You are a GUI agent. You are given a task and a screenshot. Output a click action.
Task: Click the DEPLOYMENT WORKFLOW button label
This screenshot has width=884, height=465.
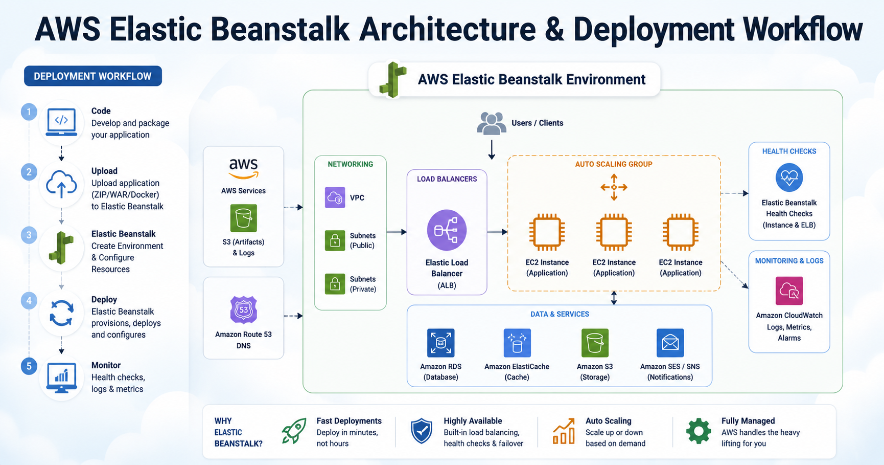pos(92,76)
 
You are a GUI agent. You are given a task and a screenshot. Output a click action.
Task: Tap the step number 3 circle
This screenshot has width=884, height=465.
pos(29,235)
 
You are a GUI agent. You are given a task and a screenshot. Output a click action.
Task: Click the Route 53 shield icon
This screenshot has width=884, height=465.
pos(243,309)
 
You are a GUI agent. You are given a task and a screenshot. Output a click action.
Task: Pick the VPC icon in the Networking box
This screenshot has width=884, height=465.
pos(335,197)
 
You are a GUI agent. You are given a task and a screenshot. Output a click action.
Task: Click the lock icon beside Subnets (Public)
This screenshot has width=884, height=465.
pos(335,240)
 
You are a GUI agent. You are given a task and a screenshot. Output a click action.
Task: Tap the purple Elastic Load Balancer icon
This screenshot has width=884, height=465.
pos(447,230)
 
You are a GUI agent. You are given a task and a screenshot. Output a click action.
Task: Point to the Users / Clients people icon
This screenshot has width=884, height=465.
pos(492,123)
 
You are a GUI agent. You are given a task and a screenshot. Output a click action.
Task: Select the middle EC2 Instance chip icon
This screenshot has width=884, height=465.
pos(614,232)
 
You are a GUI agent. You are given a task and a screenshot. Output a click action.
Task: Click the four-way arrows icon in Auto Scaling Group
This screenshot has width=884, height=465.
pos(614,187)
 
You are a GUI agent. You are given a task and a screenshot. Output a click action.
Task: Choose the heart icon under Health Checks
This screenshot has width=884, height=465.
pos(789,178)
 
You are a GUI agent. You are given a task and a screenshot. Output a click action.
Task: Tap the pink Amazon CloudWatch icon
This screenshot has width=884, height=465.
pos(789,291)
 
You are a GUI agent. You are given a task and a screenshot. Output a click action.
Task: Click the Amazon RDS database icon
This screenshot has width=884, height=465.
pos(440,343)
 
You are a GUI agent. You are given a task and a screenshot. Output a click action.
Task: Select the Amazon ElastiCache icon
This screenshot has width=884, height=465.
pos(517,343)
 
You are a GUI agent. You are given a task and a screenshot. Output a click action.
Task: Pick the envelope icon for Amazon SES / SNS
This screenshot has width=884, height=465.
pos(670,343)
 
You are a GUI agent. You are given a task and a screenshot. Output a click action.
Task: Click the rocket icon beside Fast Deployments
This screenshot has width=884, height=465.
pos(294,431)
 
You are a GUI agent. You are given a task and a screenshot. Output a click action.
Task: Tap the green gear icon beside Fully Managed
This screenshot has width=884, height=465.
pos(699,431)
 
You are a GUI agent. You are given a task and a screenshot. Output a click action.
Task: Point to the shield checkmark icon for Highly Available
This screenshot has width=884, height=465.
pos(422,431)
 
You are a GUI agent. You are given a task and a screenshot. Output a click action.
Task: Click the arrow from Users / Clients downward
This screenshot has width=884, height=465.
pos(492,149)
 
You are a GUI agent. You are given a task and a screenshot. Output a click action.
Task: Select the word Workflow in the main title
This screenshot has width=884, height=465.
pos(802,29)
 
